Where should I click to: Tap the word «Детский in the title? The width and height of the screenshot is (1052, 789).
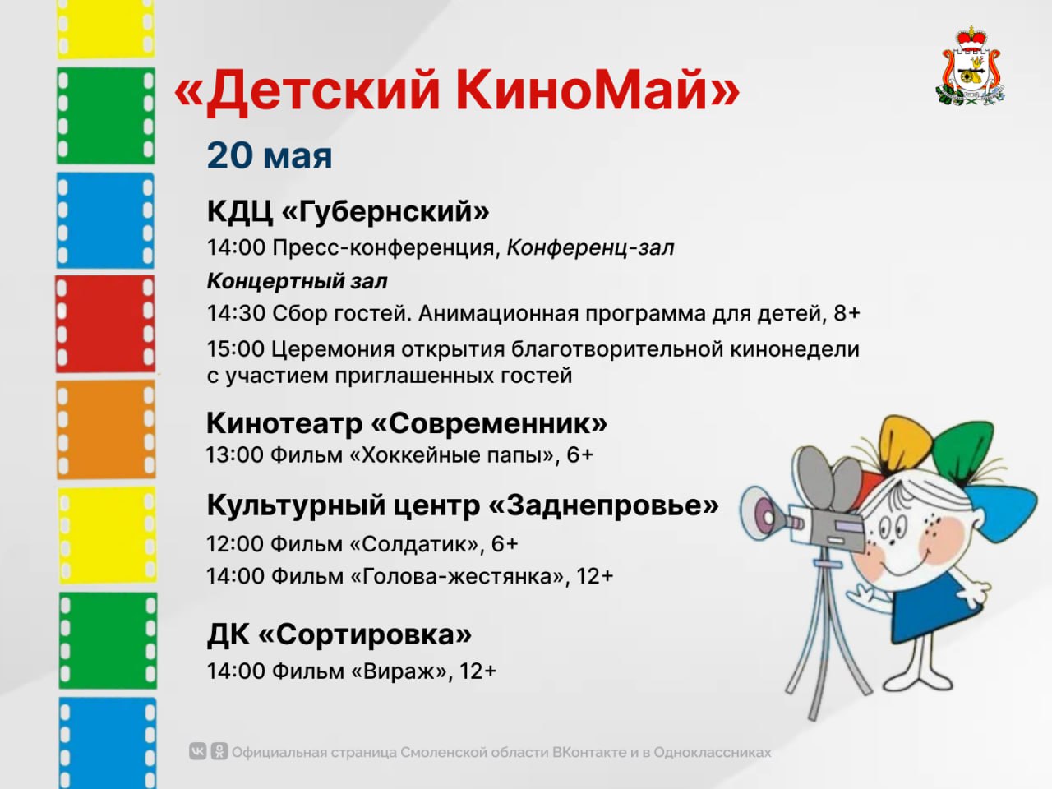point(307,90)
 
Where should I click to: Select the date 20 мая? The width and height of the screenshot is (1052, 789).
point(270,155)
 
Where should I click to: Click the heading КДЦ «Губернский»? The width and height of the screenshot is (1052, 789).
point(348,212)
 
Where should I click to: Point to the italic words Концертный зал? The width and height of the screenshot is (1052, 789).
point(298,281)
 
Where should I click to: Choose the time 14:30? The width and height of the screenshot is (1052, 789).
point(236,314)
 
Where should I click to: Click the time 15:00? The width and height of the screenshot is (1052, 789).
point(235,349)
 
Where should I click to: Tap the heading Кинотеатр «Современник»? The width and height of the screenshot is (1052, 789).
point(407,423)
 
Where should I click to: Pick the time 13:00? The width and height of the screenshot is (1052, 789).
point(235,455)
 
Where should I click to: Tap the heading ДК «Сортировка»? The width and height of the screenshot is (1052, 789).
point(339,635)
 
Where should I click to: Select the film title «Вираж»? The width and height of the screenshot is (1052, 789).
point(399,671)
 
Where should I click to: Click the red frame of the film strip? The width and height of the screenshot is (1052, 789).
point(105,324)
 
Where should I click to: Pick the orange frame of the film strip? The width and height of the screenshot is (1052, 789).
point(106,430)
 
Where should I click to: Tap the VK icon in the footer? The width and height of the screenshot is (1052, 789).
point(197,751)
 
